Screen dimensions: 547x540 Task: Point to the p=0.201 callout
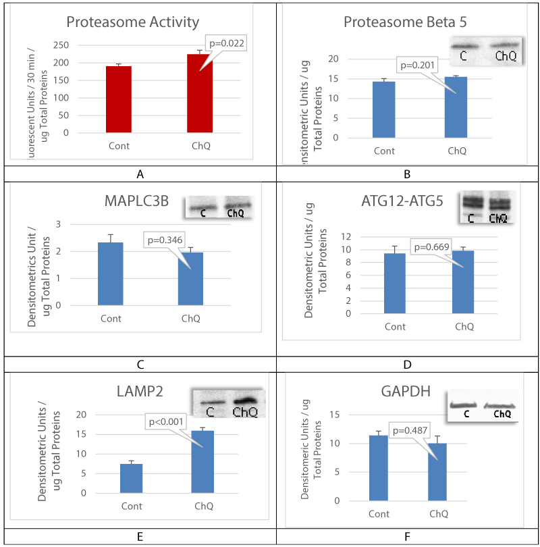419,66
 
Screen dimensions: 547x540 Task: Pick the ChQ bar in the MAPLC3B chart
190,278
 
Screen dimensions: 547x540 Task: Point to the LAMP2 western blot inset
229,404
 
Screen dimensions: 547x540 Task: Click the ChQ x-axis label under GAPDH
439,514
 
